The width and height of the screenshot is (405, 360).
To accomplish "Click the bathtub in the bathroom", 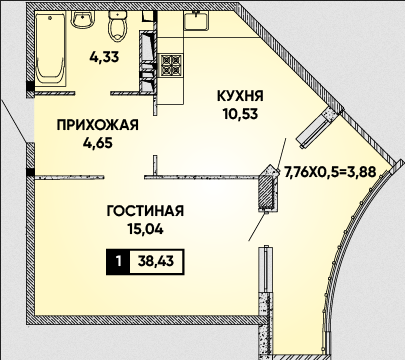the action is click(49, 48).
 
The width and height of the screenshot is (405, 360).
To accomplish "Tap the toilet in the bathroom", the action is click(117, 26).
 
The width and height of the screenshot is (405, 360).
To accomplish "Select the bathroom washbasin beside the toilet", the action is click(83, 19).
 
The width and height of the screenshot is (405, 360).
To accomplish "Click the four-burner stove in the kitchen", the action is click(171, 64).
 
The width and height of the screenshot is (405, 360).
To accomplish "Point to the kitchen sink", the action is click(196, 21).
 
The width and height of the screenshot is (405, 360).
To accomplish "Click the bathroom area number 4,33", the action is click(104, 57).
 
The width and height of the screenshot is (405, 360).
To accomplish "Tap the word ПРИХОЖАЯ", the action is click(97, 125).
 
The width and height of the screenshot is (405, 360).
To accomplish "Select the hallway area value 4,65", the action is click(98, 143).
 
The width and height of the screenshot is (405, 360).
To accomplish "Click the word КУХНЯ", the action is click(240, 96).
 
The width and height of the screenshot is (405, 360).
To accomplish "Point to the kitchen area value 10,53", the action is click(241, 114).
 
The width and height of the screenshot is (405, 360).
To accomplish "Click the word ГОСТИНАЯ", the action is click(145, 211).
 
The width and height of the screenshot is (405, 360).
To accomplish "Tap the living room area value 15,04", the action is click(145, 229).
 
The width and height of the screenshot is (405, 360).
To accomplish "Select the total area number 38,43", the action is click(156, 262).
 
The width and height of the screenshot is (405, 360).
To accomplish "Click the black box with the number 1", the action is click(118, 262).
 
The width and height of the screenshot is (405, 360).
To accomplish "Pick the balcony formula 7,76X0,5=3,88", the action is click(330, 172).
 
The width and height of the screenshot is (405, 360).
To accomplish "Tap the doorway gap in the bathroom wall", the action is click(93, 92).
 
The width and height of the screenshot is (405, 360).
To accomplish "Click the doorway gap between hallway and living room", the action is click(124, 177).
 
